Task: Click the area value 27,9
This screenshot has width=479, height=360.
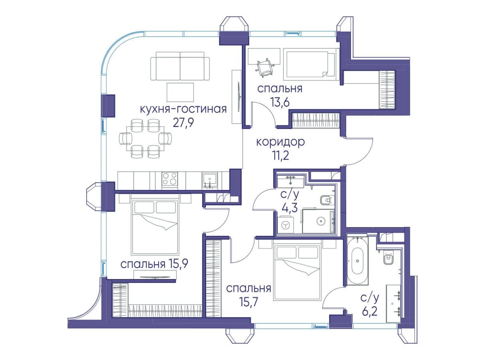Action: [x=183, y=123]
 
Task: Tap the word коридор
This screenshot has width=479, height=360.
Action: [x=281, y=142]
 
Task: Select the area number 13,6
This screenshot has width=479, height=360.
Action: [x=280, y=101]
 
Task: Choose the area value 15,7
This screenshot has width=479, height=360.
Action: [x=249, y=303]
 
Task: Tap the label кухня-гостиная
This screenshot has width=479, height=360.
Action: [x=183, y=109]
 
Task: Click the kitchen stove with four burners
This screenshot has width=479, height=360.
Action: [x=170, y=178]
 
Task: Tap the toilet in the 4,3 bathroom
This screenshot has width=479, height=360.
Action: [x=327, y=200]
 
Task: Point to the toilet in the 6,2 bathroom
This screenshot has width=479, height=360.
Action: [x=389, y=259]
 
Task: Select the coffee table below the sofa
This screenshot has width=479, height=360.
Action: [x=180, y=92]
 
